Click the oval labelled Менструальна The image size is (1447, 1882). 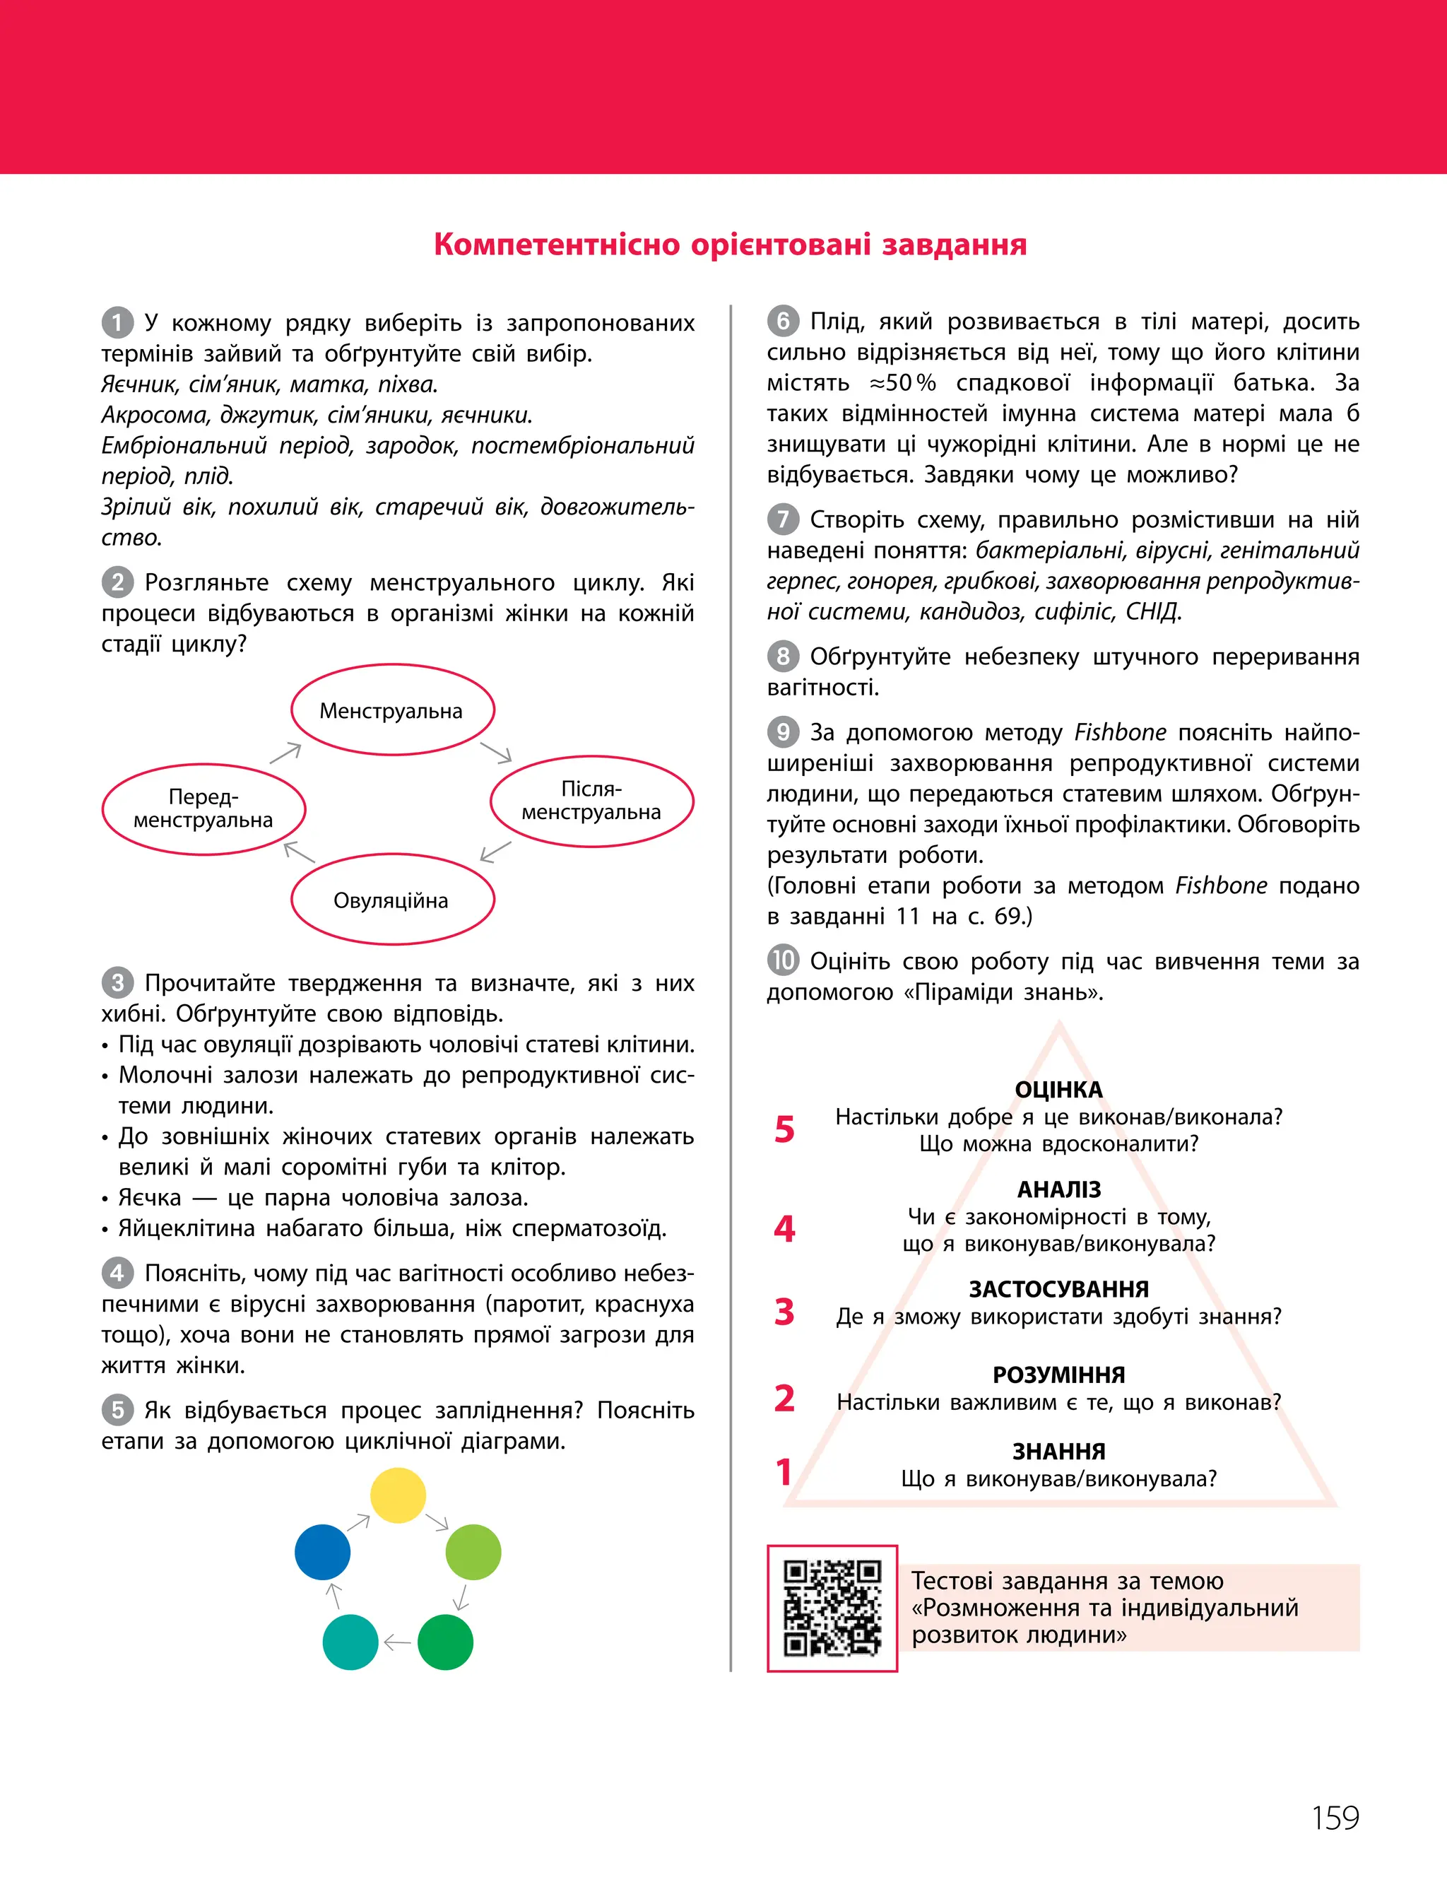[392, 710]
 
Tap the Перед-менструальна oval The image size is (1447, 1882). [203, 808]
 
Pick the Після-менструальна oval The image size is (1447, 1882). [591, 800]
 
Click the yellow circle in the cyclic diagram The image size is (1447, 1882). [397, 1495]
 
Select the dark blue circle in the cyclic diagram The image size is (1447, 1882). [322, 1551]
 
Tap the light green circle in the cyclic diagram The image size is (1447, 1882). [473, 1551]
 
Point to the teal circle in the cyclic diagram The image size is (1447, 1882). [350, 1642]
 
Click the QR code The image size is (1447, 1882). [832, 1607]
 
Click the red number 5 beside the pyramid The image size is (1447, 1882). [784, 1129]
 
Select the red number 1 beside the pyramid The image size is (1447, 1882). [784, 1471]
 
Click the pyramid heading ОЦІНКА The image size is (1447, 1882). [1058, 1090]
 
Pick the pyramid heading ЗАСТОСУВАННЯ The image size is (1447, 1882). [1058, 1288]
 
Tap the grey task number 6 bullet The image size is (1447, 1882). [783, 322]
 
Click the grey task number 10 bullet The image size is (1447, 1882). [783, 960]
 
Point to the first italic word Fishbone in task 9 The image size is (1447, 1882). [1120, 732]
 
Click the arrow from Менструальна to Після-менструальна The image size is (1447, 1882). [496, 752]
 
